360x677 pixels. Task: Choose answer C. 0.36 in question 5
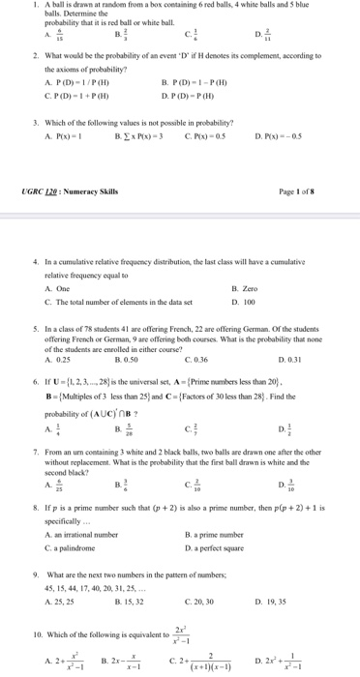click(x=196, y=359)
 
